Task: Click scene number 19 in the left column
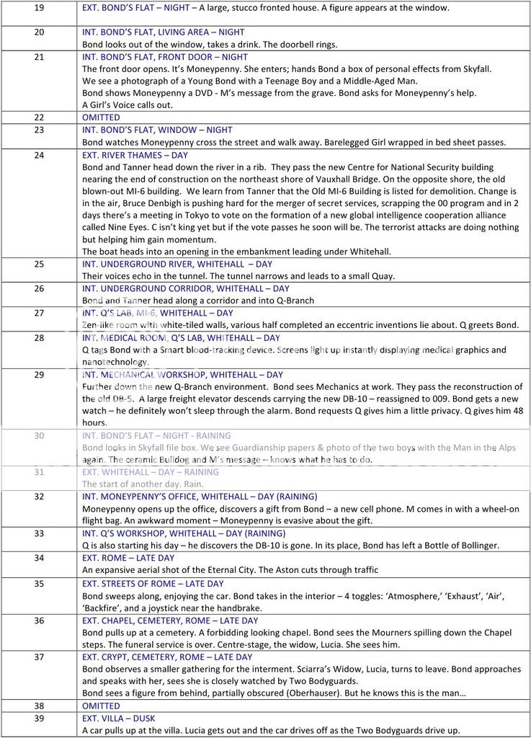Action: tap(39, 9)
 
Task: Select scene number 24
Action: tap(39, 155)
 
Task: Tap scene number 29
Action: tap(39, 375)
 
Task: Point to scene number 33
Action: tap(39, 534)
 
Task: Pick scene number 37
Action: tap(39, 657)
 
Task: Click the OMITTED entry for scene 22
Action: tap(101, 117)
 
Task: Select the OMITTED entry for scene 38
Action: tap(101, 706)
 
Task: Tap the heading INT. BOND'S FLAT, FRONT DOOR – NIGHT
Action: tap(165, 57)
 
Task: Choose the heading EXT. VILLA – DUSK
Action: tap(119, 719)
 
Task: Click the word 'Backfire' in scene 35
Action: tap(106, 608)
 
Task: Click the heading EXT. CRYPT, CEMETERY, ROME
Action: tap(167, 657)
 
